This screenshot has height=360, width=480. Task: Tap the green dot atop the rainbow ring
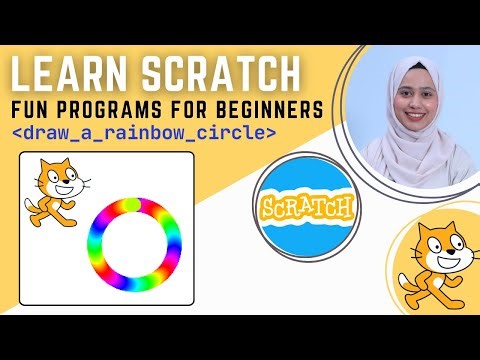click(130, 205)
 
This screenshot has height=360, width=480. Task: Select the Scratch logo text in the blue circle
click(307, 208)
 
